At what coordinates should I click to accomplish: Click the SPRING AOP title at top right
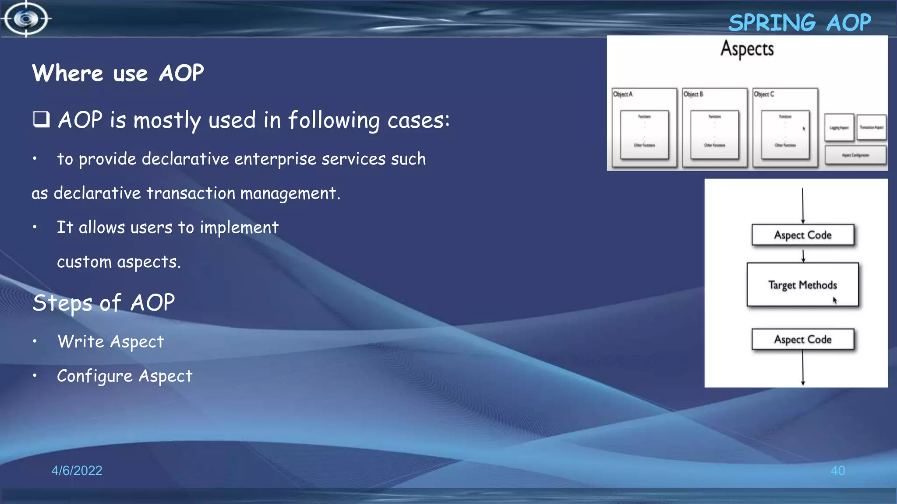(799, 23)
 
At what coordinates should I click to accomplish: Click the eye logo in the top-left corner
(26, 19)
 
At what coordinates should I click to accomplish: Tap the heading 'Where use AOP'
(118, 73)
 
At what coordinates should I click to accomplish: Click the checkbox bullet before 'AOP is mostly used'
(42, 119)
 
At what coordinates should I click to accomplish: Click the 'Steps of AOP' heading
(104, 303)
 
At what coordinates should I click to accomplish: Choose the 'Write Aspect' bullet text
(111, 342)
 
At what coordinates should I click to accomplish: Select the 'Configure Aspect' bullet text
(125, 376)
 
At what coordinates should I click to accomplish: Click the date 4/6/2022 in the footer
(77, 470)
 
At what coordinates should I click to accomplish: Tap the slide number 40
(837, 470)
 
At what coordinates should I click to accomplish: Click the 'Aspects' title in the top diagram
(747, 49)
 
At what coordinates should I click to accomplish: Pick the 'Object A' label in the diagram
(622, 94)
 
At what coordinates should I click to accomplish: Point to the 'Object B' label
(693, 94)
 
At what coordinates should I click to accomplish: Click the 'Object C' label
(764, 94)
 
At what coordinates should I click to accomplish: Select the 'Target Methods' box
(802, 285)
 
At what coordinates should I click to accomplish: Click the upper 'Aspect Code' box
(802, 235)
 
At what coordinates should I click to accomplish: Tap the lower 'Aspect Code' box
(802, 339)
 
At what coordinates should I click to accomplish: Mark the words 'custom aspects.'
(119, 262)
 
